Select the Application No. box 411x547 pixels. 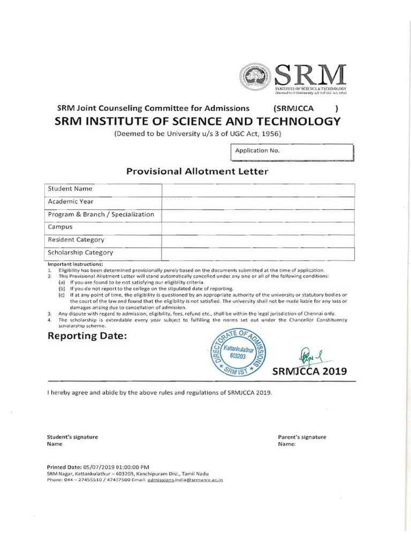coord(293,152)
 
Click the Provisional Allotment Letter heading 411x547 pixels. coord(197,171)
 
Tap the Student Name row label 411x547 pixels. coord(70,189)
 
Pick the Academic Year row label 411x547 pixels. coord(71,202)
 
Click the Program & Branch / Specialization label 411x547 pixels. coord(101,215)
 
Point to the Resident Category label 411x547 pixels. coord(76,240)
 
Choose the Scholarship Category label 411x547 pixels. coord(80,253)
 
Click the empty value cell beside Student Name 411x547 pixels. coord(258,190)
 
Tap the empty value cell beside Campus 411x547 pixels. coord(258,228)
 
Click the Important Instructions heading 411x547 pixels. coord(75,264)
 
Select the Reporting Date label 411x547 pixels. coord(88,336)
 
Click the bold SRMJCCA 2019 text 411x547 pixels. coord(309,371)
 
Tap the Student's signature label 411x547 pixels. coord(72,437)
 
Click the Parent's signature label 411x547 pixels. coord(302,437)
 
